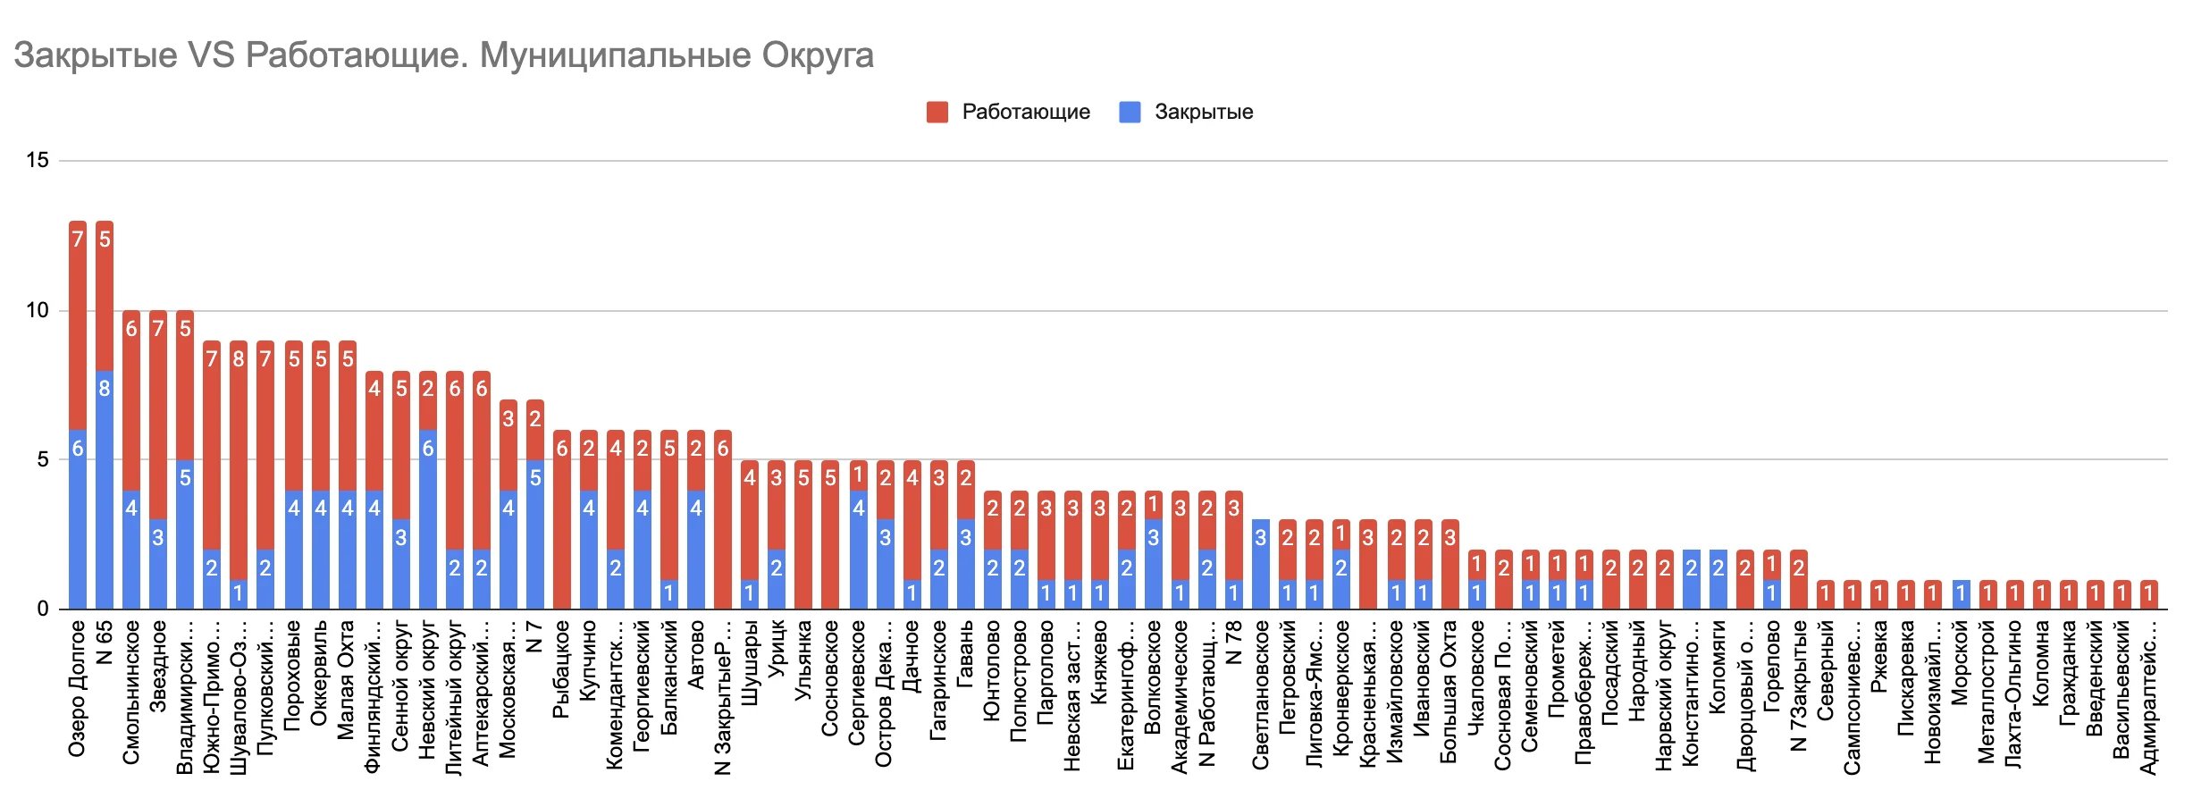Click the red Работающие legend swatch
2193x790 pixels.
937,112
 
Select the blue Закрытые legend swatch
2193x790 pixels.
1130,112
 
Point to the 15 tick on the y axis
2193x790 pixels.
38,161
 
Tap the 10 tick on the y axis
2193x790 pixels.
38,310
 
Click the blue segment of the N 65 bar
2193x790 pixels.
105,490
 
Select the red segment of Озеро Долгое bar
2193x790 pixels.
78,326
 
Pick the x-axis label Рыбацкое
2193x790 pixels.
561,669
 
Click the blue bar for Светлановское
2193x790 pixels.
1260,564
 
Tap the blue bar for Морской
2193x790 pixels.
1961,594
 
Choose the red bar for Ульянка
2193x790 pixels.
803,534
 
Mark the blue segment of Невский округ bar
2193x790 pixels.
428,519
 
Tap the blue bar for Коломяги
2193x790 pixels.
1718,579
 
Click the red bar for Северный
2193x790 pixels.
1826,594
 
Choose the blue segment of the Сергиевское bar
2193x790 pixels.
858,550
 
